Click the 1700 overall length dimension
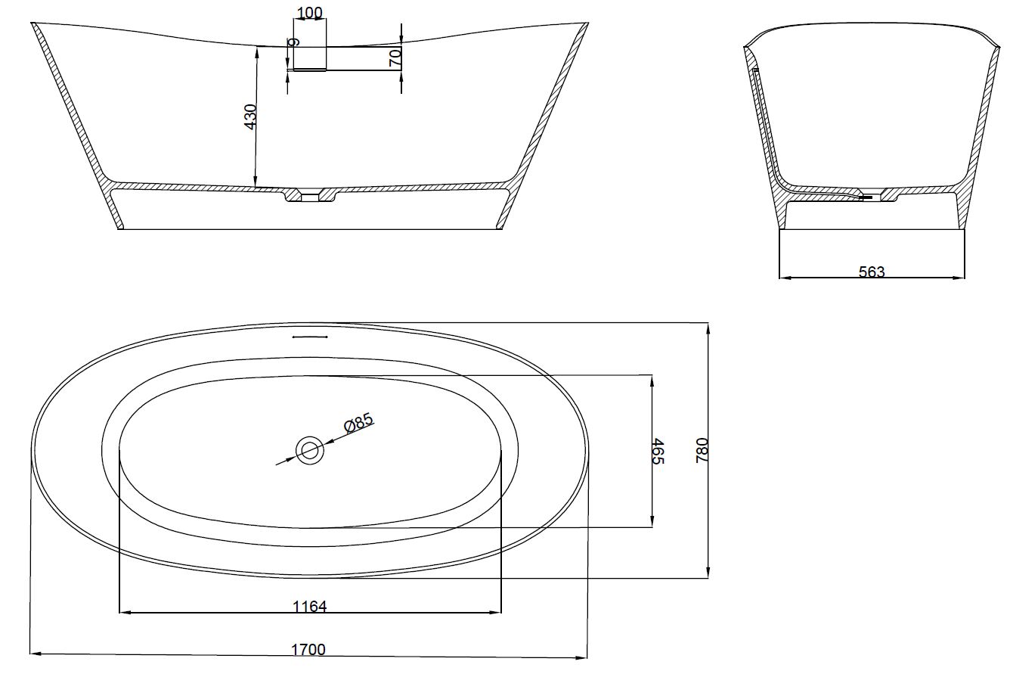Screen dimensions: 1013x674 click(x=308, y=650)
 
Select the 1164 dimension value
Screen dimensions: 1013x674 click(x=309, y=606)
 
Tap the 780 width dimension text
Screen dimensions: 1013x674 click(x=702, y=450)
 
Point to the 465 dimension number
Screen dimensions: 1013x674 click(x=658, y=451)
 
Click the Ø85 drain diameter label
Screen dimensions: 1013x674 click(x=359, y=422)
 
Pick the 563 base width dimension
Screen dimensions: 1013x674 click(x=872, y=272)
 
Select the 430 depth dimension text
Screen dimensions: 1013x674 click(x=250, y=116)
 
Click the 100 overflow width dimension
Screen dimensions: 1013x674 click(x=310, y=13)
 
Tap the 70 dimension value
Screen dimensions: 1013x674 click(x=395, y=58)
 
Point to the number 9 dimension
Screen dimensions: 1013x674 click(x=294, y=42)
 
